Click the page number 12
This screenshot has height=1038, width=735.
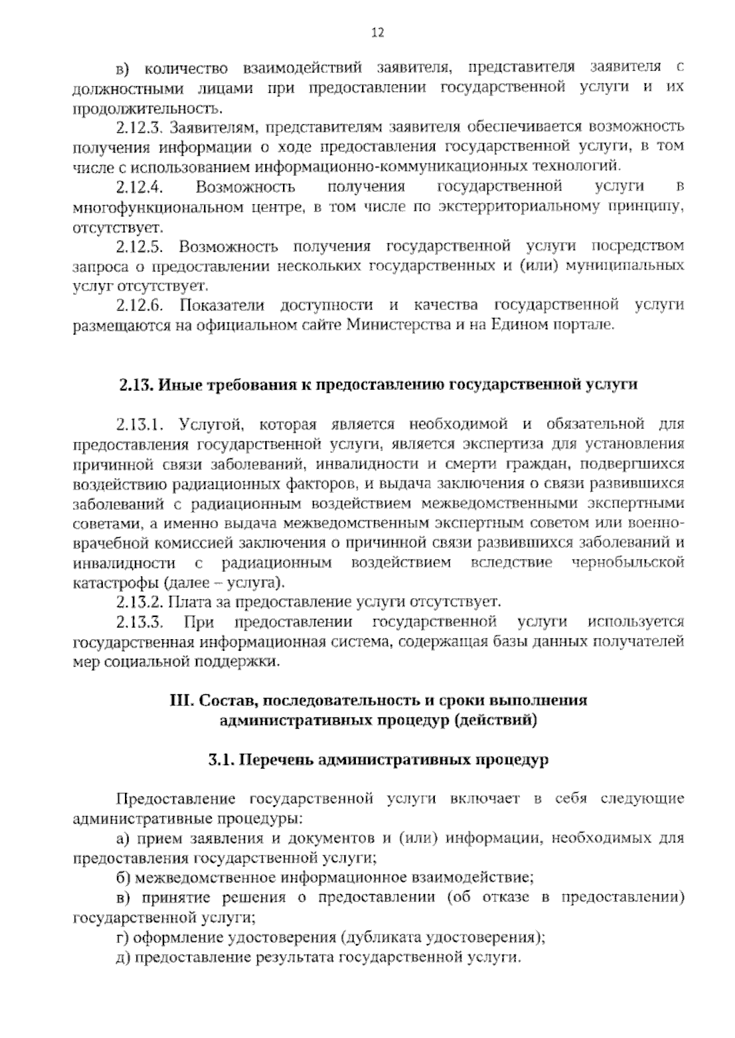(x=377, y=33)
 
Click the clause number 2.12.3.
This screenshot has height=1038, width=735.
(x=138, y=128)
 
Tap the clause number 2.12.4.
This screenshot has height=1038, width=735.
(x=138, y=187)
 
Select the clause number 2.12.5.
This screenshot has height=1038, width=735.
(x=138, y=246)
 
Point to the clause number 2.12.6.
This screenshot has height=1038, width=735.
(x=138, y=305)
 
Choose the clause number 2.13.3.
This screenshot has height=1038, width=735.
(x=138, y=622)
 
